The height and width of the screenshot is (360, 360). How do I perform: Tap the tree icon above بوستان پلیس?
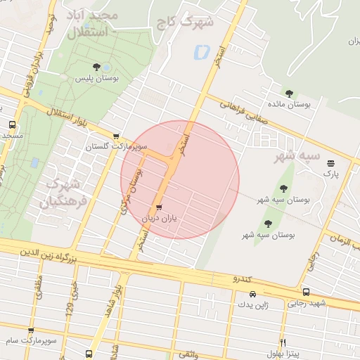(x=96, y=67)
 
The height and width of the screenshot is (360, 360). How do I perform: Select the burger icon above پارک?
(x=331, y=162)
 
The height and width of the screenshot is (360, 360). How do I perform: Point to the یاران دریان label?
(x=157, y=219)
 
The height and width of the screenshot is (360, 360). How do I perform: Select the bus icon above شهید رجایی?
(x=305, y=292)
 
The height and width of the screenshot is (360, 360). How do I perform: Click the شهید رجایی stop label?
(x=304, y=304)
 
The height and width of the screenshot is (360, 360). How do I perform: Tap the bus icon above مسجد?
(x=13, y=124)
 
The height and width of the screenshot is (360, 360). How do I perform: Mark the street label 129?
(x=69, y=303)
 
